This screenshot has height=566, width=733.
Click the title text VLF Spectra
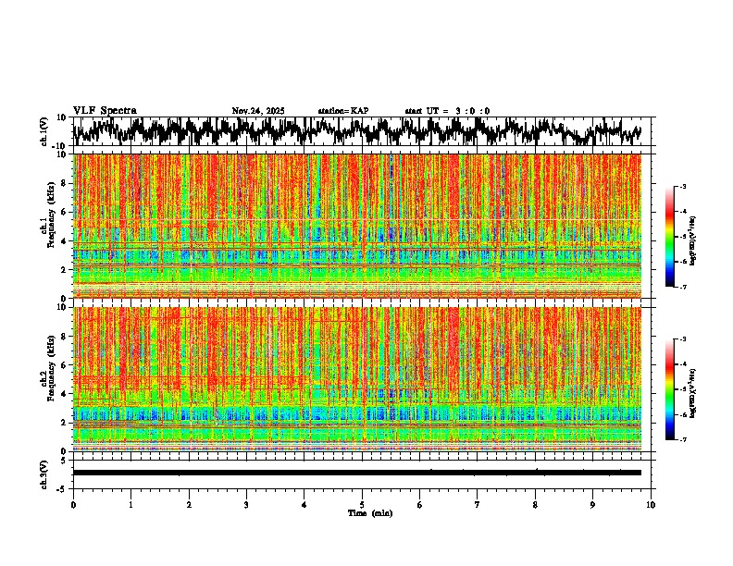[x=105, y=111]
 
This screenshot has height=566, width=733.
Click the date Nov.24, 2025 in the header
[x=257, y=111]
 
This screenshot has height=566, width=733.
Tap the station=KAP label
[x=342, y=111]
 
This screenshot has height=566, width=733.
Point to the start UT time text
[x=447, y=111]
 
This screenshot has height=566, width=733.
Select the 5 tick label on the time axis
[x=362, y=504]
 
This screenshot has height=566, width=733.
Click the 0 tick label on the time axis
[x=73, y=504]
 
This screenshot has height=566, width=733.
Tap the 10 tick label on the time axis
[x=651, y=504]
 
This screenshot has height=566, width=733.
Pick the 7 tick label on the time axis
[x=478, y=504]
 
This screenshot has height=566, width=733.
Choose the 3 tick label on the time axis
[x=246, y=504]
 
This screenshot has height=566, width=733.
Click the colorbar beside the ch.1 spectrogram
[x=678, y=237]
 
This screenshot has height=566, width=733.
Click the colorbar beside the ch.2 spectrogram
[x=678, y=389]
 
